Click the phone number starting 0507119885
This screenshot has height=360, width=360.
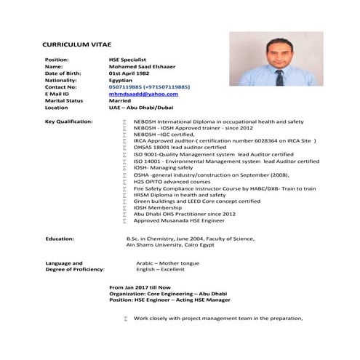(149, 87)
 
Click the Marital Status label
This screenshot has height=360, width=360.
(64, 100)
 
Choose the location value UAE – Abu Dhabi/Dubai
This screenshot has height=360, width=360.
(140, 107)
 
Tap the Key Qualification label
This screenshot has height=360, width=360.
(68, 121)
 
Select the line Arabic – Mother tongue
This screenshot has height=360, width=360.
(169, 262)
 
